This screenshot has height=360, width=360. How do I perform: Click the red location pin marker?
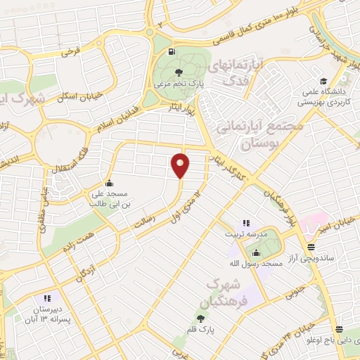pyautogui.click(x=181, y=165)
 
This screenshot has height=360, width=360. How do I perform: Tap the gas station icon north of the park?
pyautogui.click(x=171, y=52)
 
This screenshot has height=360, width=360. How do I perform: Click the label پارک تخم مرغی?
pyautogui.click(x=179, y=85)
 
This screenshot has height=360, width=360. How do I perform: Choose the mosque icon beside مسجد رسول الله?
pyautogui.click(x=255, y=253)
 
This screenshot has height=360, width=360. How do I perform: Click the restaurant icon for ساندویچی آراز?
pyautogui.click(x=311, y=246)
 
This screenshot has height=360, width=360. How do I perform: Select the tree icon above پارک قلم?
pyautogui.click(x=200, y=319)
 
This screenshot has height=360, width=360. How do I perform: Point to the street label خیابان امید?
pyautogui.click(x=333, y=224)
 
